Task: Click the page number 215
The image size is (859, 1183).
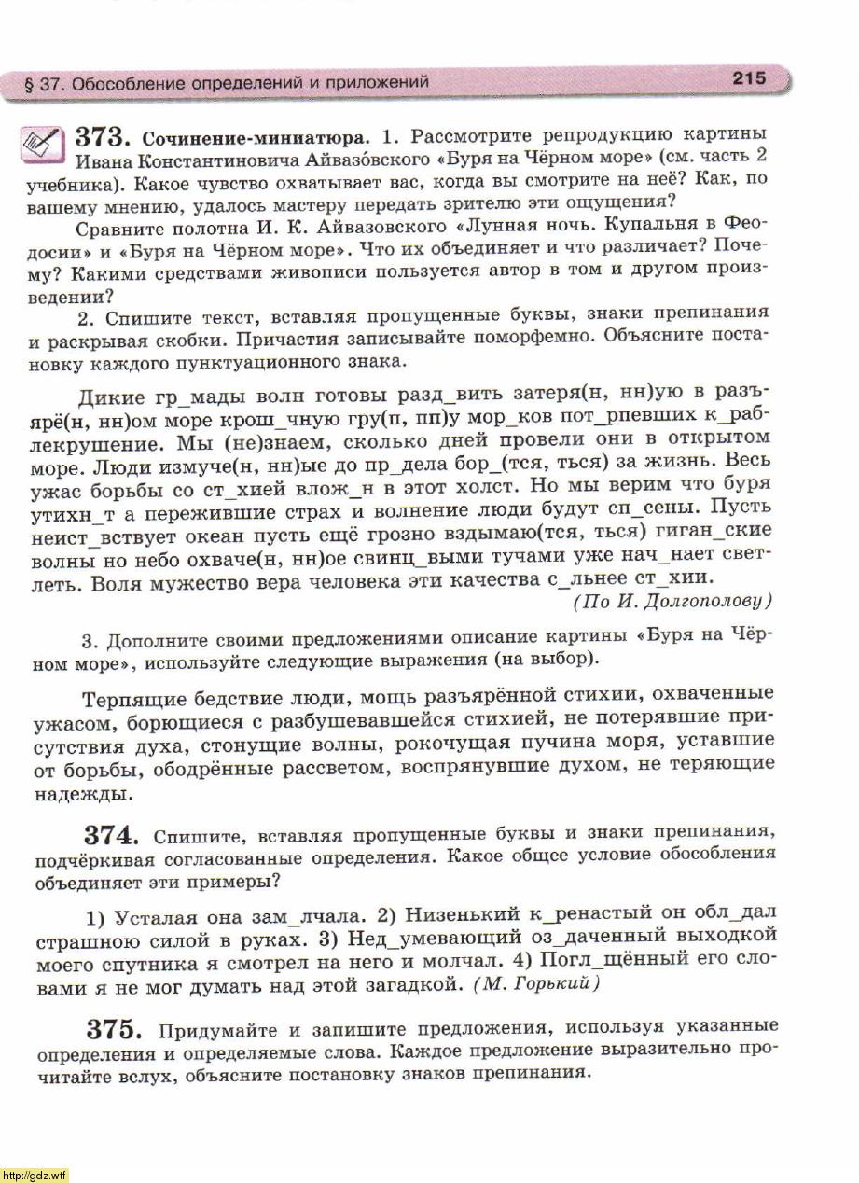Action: (749, 78)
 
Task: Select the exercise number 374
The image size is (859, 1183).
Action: (113, 833)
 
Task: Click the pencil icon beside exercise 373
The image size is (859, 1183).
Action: (41, 143)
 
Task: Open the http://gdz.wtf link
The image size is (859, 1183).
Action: (35, 1175)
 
